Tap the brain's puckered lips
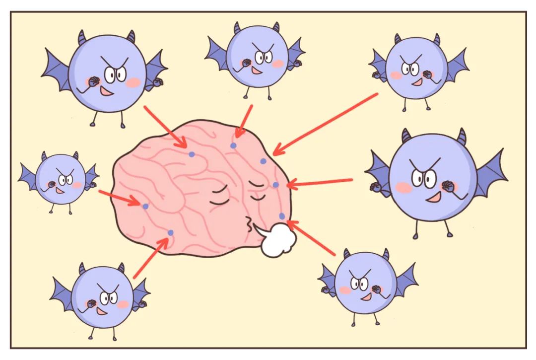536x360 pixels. (248, 226)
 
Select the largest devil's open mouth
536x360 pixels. (433, 197)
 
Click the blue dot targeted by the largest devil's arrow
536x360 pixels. (275, 185)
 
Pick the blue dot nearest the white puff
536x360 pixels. (282, 216)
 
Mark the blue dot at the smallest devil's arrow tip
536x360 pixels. (145, 206)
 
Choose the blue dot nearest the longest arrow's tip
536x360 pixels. (264, 161)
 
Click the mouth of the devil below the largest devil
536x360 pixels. (367, 296)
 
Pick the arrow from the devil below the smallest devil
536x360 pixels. (151, 257)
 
